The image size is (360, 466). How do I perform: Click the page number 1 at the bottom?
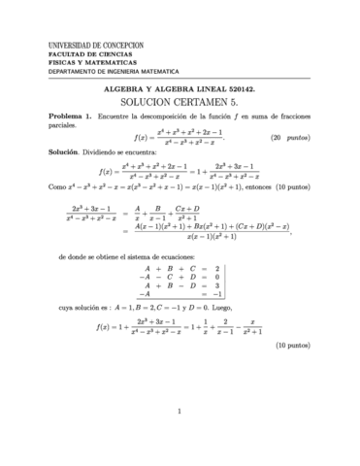point(180,439)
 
